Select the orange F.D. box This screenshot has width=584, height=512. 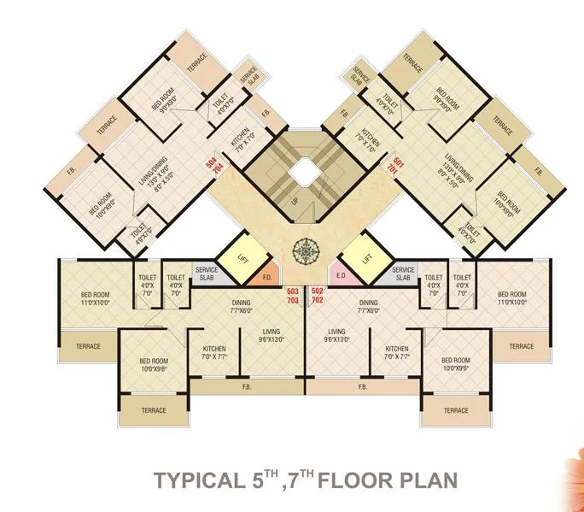point(266,277)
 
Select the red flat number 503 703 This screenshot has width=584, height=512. point(291,296)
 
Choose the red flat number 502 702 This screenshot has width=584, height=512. point(317,296)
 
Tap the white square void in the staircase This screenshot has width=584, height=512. point(303,174)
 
